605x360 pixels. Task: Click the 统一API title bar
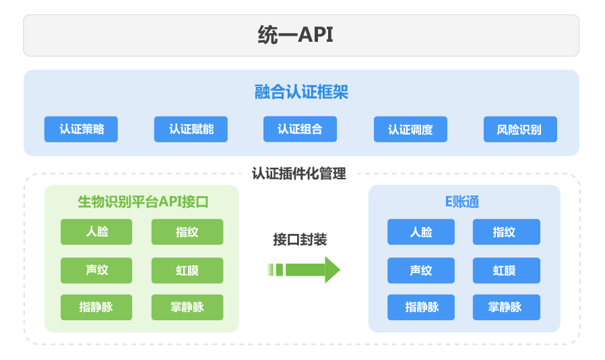(x=301, y=36)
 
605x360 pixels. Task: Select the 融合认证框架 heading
(x=301, y=92)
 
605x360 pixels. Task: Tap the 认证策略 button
(x=81, y=129)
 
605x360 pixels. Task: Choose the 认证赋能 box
(x=191, y=129)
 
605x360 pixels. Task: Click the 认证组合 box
(x=300, y=129)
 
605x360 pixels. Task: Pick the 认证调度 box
(x=410, y=129)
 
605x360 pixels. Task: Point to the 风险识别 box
(x=521, y=129)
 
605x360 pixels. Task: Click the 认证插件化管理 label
(x=299, y=174)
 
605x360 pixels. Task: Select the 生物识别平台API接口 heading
(x=143, y=202)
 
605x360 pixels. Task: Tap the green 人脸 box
(x=96, y=232)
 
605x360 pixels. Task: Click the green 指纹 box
(x=187, y=232)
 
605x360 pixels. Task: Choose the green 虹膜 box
(x=187, y=270)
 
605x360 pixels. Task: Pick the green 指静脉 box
(x=96, y=307)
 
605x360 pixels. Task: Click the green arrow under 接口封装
(x=304, y=270)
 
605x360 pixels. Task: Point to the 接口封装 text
(x=300, y=239)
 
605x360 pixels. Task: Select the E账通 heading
(x=462, y=202)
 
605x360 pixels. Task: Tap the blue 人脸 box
(x=421, y=232)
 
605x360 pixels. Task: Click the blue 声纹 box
(x=421, y=270)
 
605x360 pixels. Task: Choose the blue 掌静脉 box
(x=507, y=307)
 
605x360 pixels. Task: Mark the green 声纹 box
(x=96, y=270)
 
